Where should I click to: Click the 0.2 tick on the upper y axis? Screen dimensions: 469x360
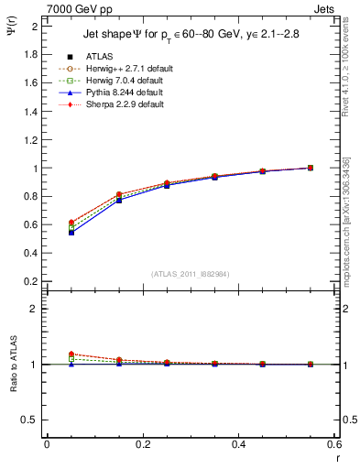click(30, 281)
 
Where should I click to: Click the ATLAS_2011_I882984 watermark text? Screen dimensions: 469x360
click(191, 274)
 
